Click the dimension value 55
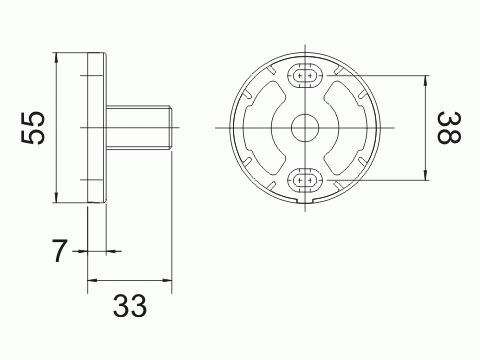coord(35,127)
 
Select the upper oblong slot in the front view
coord(303,76)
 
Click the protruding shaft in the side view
coord(140,127)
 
